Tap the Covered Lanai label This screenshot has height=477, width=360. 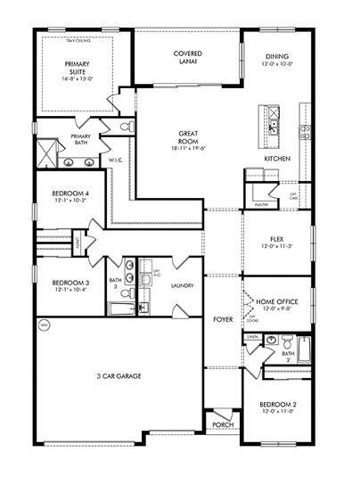click(x=186, y=57)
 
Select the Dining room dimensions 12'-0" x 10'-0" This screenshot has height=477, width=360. click(x=276, y=65)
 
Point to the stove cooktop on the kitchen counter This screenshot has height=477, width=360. click(x=306, y=134)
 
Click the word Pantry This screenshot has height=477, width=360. click(x=262, y=204)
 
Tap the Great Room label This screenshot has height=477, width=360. click(x=187, y=137)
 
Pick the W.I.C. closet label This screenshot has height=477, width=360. click(x=116, y=161)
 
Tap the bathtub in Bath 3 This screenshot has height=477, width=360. click(x=124, y=308)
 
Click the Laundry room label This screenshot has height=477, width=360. click(x=184, y=286)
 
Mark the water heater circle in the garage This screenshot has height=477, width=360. click(x=45, y=327)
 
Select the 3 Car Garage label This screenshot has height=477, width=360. click(x=119, y=376)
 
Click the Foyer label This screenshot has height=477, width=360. click(x=222, y=317)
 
